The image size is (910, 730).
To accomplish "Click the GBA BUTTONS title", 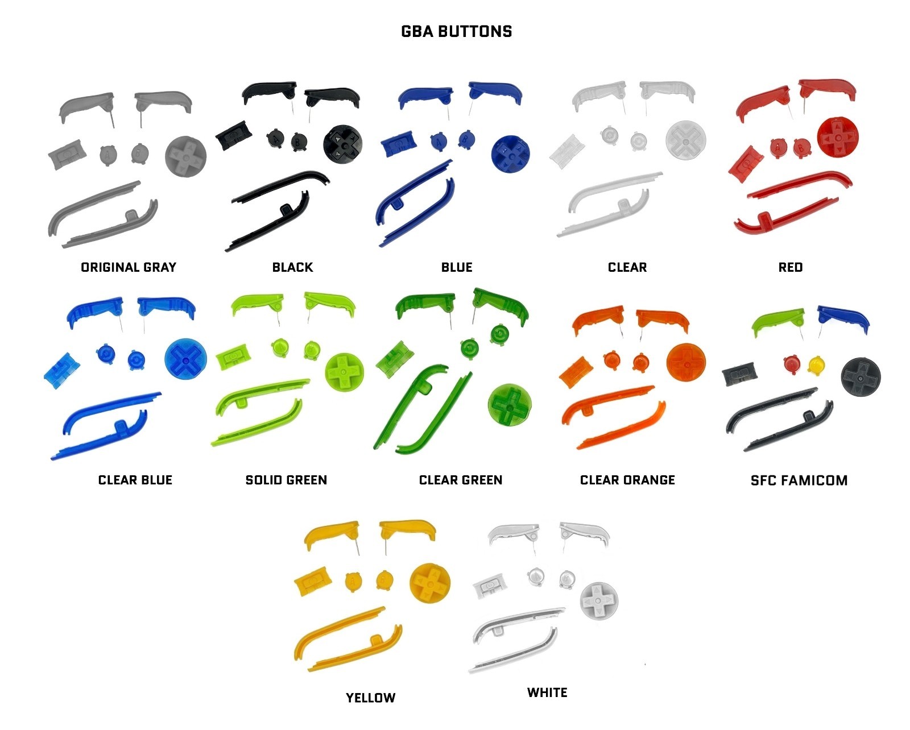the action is (x=456, y=31).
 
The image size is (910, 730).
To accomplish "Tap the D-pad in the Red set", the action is (x=838, y=138).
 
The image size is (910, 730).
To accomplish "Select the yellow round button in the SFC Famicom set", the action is (x=817, y=365).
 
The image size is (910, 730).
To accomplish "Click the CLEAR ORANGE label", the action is (x=627, y=480).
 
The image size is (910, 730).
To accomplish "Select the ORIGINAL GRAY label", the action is (x=129, y=267).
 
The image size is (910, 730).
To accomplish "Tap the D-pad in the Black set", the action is (x=342, y=144).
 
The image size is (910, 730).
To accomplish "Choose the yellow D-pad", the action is (x=429, y=583).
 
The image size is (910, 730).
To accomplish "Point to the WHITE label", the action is (x=547, y=692).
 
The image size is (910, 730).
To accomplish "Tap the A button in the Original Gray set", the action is (x=108, y=155).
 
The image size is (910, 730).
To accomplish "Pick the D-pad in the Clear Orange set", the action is (x=686, y=363).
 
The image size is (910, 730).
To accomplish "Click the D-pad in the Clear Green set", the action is (x=510, y=405).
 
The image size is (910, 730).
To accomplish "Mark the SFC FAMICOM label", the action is (x=799, y=480).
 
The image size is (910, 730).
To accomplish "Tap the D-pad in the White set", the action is (x=599, y=600).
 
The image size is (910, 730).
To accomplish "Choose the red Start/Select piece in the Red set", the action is (x=746, y=164).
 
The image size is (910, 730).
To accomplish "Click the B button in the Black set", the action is (x=299, y=142).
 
